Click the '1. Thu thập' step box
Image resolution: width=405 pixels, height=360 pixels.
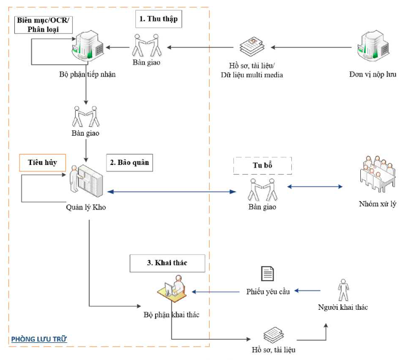point(158,19)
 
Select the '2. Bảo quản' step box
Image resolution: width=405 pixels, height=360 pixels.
point(129,163)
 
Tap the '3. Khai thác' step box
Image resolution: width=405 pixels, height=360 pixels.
point(167,263)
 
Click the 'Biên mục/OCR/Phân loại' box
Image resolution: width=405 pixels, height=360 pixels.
point(44,24)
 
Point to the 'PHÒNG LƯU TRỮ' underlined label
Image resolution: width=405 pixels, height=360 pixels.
point(39,338)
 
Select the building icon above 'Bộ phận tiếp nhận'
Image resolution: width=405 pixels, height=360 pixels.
point(88,46)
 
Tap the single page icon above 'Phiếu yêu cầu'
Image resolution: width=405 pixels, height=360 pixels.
point(268,273)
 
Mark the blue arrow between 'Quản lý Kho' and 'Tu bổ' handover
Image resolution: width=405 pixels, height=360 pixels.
point(171,192)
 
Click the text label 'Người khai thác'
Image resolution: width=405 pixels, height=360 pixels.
point(343,307)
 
